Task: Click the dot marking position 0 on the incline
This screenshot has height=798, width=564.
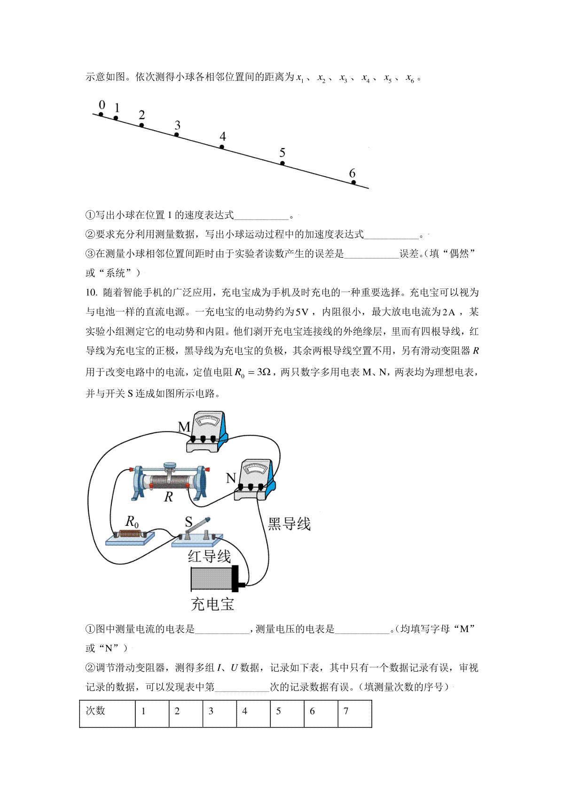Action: tap(101, 114)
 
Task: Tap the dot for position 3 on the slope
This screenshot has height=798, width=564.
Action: tap(176, 135)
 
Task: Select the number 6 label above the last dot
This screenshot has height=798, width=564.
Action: tap(352, 173)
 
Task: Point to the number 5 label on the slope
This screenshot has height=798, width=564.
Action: tap(282, 152)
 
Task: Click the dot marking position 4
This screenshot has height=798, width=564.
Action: tap(222, 147)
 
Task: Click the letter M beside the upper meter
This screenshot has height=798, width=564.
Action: tap(184, 427)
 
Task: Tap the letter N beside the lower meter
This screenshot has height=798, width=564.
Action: tap(231, 478)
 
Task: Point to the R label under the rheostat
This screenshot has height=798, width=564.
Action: tap(169, 497)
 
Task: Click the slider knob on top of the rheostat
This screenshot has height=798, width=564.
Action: tap(170, 465)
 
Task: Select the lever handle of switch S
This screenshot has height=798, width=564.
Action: tap(199, 526)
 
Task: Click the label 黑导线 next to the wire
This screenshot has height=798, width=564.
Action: tap(289, 524)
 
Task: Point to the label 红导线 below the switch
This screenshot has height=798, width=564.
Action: tap(210, 556)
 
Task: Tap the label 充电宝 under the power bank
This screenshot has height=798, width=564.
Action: tap(213, 604)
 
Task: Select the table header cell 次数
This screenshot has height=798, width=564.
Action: tap(107, 713)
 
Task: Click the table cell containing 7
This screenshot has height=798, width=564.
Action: tap(355, 713)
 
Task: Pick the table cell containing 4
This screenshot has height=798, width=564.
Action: tap(253, 713)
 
